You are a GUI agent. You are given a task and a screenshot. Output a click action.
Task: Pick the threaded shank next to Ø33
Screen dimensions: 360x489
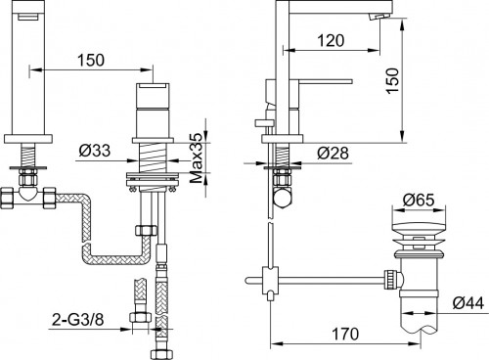pos(152,157)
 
